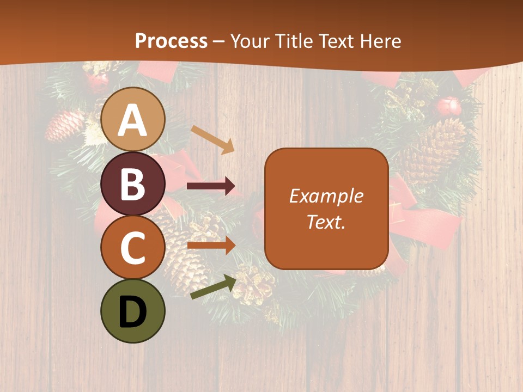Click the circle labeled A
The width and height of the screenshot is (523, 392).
(132, 119)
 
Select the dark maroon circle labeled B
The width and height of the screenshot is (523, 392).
(132, 183)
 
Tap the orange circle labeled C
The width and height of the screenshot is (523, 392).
(132, 247)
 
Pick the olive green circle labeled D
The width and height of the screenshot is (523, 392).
(132, 311)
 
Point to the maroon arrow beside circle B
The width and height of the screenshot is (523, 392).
(210, 186)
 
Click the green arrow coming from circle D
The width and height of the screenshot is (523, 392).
(213, 287)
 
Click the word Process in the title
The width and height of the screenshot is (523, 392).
(171, 41)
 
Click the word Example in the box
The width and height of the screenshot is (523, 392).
(326, 196)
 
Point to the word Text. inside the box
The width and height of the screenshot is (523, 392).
(326, 222)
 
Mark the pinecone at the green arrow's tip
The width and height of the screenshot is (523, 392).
(254, 284)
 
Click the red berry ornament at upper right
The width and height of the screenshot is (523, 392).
(450, 106)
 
